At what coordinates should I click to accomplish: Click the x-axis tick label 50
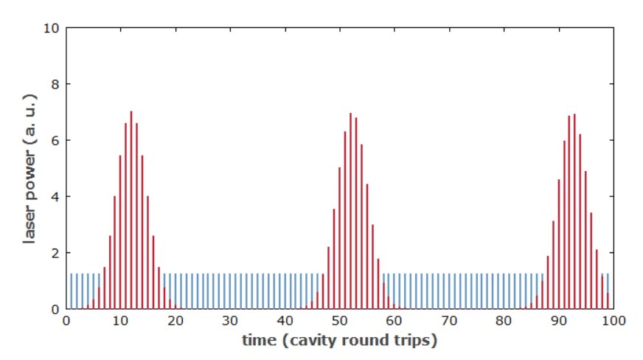pos(340,321)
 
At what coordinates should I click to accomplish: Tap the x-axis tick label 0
pos(66,321)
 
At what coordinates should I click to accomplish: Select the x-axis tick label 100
pos(613,321)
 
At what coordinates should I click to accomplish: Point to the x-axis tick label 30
pos(231,321)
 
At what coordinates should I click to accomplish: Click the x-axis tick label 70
pos(449,321)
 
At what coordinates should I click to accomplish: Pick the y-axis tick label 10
pos(51,28)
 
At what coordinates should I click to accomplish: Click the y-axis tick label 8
pos(55,84)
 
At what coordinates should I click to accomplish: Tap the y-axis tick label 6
pos(55,140)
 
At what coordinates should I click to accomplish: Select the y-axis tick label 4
pos(55,196)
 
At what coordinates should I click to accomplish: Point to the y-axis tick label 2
pos(55,253)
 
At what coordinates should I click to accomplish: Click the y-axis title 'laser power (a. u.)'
pos(30,169)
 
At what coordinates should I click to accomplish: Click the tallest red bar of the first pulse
pos(131,210)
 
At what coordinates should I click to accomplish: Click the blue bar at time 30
pos(230,291)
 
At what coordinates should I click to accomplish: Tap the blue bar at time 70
pos(449,291)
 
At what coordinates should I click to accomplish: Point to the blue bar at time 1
pos(72,291)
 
